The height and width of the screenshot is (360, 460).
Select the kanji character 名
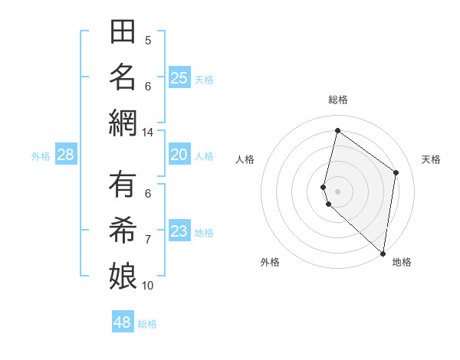click(x=123, y=78)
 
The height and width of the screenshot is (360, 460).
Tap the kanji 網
click(x=123, y=123)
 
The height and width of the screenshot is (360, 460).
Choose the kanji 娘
click(x=123, y=275)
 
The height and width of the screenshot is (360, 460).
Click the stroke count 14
click(x=147, y=133)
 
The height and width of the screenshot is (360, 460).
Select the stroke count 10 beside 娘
click(x=148, y=286)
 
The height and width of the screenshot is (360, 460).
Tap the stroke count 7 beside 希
click(x=148, y=240)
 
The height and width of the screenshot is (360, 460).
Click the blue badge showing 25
click(x=179, y=78)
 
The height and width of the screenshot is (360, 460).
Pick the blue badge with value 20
click(x=179, y=155)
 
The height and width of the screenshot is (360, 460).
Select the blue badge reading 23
click(x=179, y=232)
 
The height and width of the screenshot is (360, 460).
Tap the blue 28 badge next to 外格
click(x=65, y=155)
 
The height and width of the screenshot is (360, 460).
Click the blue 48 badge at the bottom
click(x=123, y=322)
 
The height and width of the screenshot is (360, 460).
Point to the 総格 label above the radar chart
click(x=338, y=100)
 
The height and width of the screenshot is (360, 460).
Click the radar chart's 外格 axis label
click(x=270, y=262)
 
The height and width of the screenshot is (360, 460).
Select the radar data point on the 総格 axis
click(x=337, y=130)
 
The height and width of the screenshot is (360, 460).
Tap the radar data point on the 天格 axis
click(x=396, y=172)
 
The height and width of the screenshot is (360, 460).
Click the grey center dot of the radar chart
click(x=338, y=190)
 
